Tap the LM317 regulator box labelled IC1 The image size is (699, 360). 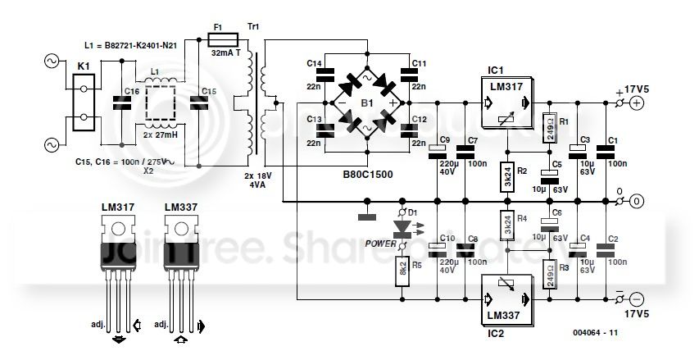pos(507,105)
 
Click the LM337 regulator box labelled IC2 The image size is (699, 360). pos(507,298)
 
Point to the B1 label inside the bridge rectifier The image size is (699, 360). pos(369,104)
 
